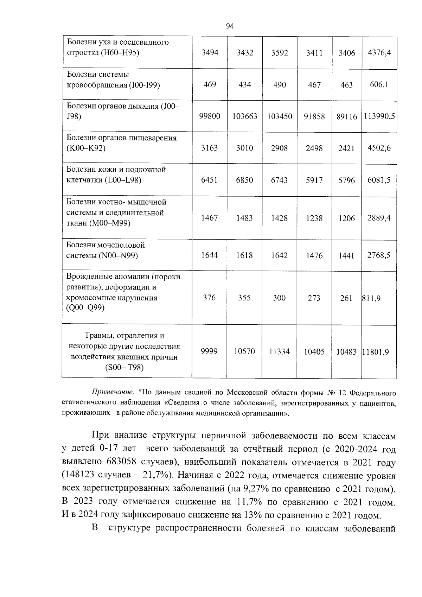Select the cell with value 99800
pos(210,116)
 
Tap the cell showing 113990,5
pos(379,116)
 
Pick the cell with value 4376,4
pos(379,53)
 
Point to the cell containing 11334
pos(279,351)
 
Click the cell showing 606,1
pos(379,85)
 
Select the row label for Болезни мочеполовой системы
pos(106,250)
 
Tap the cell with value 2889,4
pos(379,218)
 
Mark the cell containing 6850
pos(244,180)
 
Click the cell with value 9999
pos(209,351)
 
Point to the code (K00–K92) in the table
pos(86,148)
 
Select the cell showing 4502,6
pos(379,148)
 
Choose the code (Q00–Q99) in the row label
pos(85,308)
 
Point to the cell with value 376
pos(209,298)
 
